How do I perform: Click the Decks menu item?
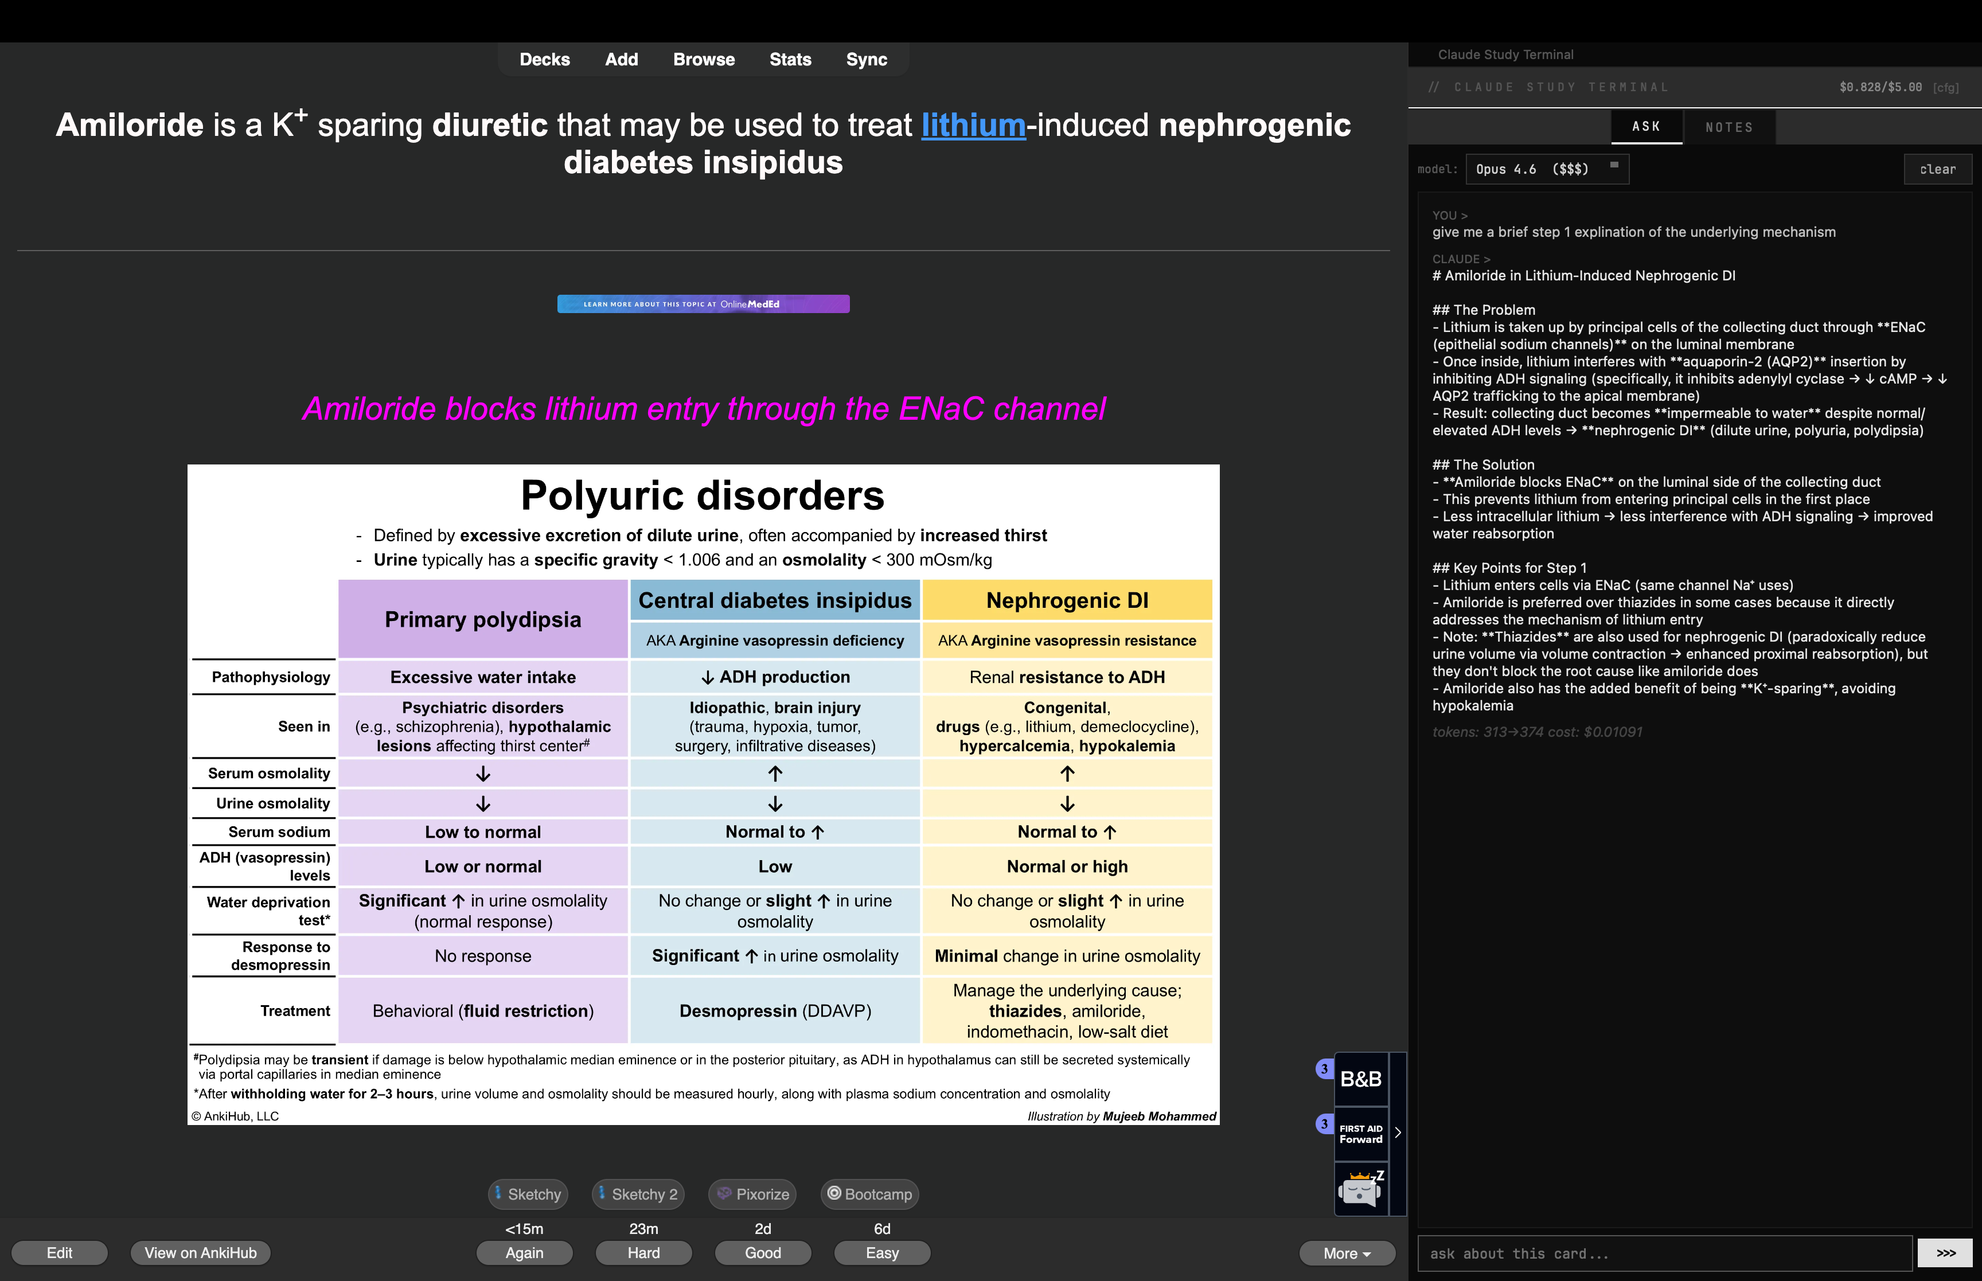545,59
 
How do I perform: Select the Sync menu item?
866,59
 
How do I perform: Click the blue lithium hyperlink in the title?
973,126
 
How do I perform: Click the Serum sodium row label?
279,832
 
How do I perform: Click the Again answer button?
524,1253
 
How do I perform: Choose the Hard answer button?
643,1253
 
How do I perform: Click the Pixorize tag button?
752,1194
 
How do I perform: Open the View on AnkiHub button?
201,1253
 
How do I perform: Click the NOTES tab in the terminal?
1729,127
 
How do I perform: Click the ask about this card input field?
1664,1253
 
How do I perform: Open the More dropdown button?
1347,1253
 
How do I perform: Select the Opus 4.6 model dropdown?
1546,169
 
